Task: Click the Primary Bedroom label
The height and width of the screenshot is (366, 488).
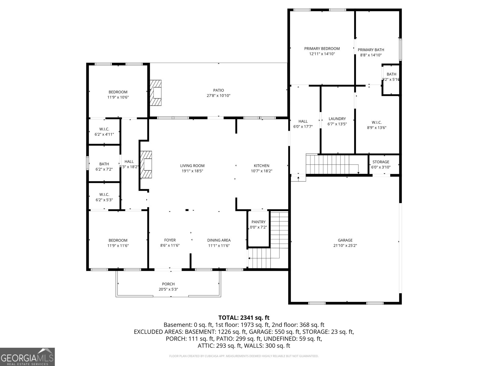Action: pyautogui.click(x=322, y=48)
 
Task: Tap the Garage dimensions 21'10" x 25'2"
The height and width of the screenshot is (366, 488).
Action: pyautogui.click(x=345, y=246)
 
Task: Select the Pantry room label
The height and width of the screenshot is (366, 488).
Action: pyautogui.click(x=258, y=222)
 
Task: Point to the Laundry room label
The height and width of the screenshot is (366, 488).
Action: pyautogui.click(x=337, y=119)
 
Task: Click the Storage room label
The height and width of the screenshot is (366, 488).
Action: pyautogui.click(x=381, y=162)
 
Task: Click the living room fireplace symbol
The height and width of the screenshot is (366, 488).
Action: pyautogui.click(x=146, y=165)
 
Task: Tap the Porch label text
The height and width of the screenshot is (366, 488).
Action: pyautogui.click(x=168, y=284)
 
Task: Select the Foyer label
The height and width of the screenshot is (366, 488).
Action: pyautogui.click(x=170, y=240)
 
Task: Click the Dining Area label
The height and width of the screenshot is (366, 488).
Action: pyautogui.click(x=219, y=240)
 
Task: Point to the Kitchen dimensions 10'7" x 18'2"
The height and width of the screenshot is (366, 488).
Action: pyautogui.click(x=261, y=171)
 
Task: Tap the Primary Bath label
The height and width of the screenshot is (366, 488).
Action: pyautogui.click(x=371, y=50)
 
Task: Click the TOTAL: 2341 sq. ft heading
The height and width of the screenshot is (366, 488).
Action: pyautogui.click(x=244, y=318)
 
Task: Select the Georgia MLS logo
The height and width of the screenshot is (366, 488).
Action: pyautogui.click(x=27, y=357)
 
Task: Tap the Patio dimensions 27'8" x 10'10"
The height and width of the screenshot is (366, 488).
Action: pyautogui.click(x=218, y=96)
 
